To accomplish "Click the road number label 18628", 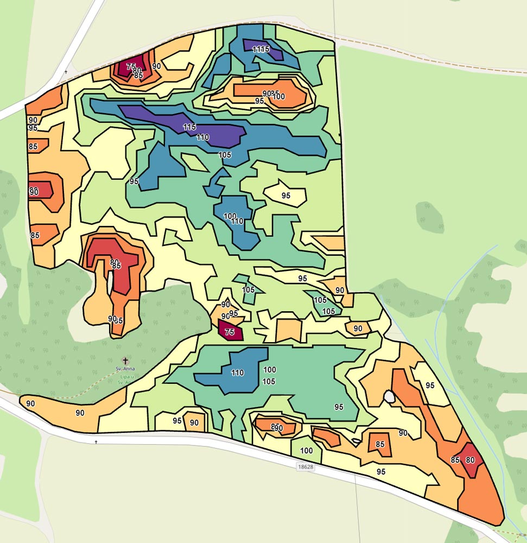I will coord(306,466).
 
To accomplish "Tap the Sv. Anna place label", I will coord(125,369).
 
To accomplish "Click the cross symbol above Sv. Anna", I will coord(126,360).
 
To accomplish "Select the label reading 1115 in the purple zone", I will coord(261,49).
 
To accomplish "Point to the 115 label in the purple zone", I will coord(189,127).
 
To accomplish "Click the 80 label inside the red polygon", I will coord(470,460).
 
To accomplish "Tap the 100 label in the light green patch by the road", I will coord(306,451).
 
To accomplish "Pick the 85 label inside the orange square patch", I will coord(380,444).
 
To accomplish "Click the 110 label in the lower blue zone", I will coord(237,373).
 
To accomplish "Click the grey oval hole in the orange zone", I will coord(389,397).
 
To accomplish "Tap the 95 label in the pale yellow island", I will coord(286,195).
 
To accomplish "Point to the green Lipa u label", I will coord(125,376).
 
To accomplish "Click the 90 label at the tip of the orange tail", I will coord(30,403).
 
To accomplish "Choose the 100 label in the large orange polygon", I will coord(279,97).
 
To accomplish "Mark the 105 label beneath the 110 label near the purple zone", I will coord(225,155).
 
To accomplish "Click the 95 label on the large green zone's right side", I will coord(339,407).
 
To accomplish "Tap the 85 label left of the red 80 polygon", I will coord(455,460).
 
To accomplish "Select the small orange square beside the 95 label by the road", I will coord(194,422).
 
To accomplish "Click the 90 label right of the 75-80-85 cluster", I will coord(156,66).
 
